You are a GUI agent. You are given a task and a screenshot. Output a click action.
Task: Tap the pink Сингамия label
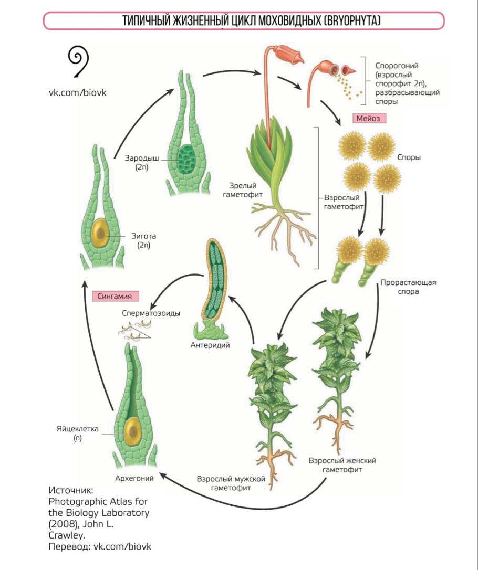118,296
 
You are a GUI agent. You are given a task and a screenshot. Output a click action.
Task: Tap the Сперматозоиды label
151,313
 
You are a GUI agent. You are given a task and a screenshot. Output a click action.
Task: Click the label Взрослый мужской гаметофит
231,483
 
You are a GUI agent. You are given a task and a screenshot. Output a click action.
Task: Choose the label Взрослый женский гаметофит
342,465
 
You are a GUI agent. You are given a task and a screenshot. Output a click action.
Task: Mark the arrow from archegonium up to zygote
97,341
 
